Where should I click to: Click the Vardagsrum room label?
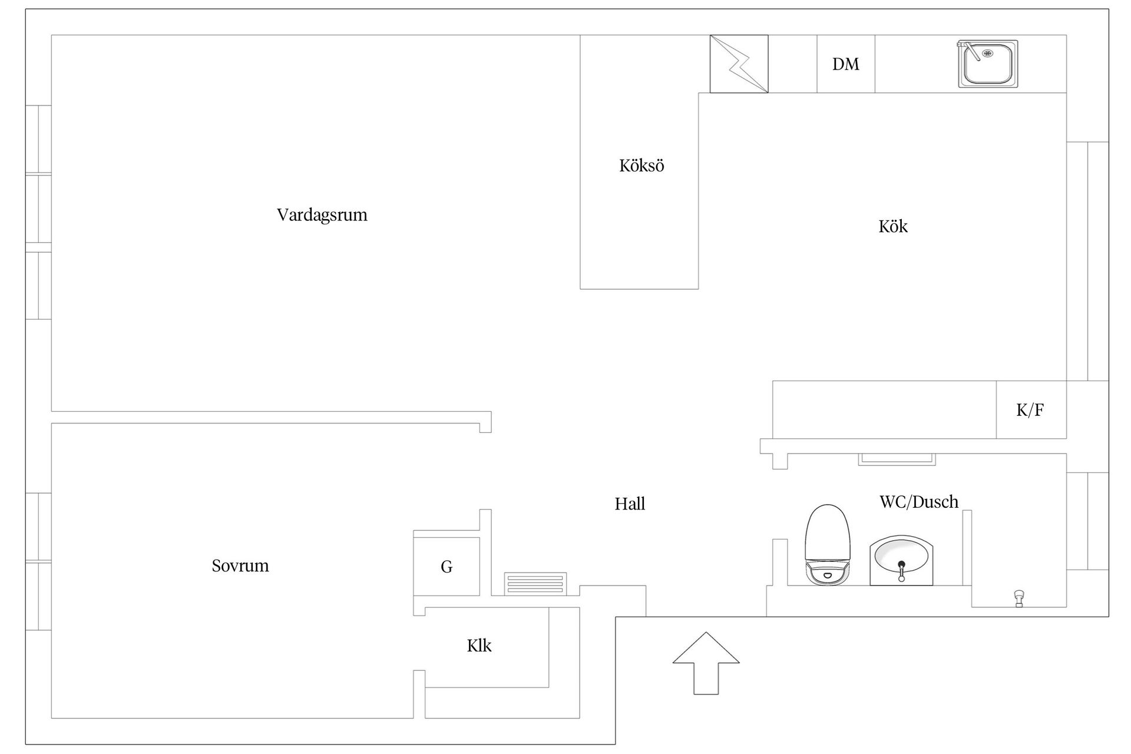coord(322,215)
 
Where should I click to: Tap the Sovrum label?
coord(240,565)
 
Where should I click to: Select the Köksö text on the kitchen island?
coord(641,166)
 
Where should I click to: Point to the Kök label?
coord(893,226)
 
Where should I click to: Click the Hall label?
coord(630,504)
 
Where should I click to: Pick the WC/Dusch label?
coord(919,502)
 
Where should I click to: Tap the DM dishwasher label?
coord(846,64)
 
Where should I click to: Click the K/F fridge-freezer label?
coord(1030,410)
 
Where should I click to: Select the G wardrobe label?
coord(447,567)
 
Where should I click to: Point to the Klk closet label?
coord(479,646)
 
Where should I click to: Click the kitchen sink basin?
coord(988,64)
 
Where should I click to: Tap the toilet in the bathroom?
coord(828,545)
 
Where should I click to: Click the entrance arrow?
coord(706,663)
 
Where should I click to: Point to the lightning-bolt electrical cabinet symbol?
coord(739,64)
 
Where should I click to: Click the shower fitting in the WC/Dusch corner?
coord(1019,598)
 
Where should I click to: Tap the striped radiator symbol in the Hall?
coord(535,584)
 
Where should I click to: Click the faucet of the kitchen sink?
coord(970,50)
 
